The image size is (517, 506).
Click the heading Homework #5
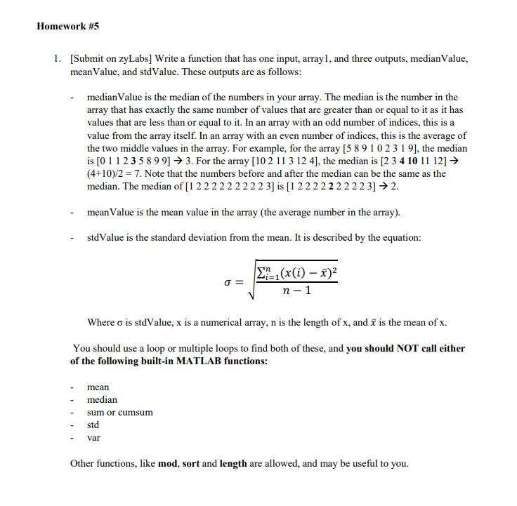tap(67, 26)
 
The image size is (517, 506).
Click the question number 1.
tap(57, 59)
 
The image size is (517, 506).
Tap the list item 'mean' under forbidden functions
tap(98, 387)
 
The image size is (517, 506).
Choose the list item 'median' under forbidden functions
tap(102, 399)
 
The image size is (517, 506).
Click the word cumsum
tap(137, 412)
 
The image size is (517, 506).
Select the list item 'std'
tap(93, 425)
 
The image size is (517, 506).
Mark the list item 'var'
tap(93, 437)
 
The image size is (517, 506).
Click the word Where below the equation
tap(100, 323)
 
